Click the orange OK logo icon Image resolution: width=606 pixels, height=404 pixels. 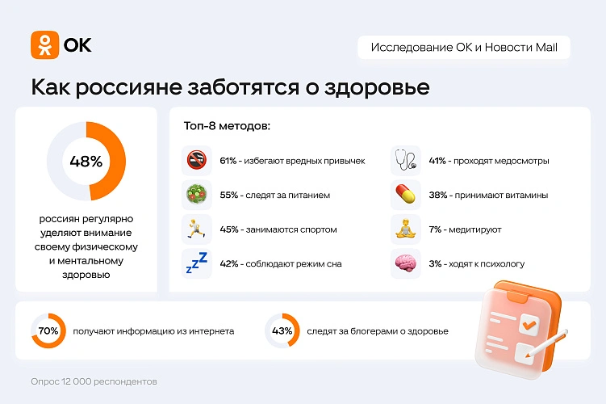44,44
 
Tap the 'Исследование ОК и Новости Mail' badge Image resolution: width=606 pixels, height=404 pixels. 464,47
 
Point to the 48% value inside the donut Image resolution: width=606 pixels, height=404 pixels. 86,161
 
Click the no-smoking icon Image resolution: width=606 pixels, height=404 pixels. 197,161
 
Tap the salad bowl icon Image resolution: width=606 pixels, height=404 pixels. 197,195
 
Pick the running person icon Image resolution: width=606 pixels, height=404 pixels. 197,229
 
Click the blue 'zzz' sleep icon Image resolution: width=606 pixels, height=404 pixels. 197,263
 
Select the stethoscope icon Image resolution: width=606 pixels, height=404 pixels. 404,161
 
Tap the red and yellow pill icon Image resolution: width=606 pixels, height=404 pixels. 404,195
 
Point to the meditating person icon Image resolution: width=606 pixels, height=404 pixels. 404,229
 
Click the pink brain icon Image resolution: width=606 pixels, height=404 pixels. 404,263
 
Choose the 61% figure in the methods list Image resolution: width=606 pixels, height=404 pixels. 228,161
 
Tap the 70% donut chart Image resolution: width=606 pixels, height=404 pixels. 48,330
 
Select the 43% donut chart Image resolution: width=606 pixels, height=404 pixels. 282,330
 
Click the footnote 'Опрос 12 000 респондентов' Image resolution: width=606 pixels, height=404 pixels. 94,381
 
